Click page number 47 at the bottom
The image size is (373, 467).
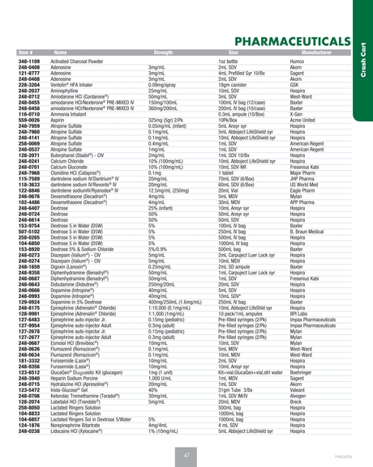[186, 434]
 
